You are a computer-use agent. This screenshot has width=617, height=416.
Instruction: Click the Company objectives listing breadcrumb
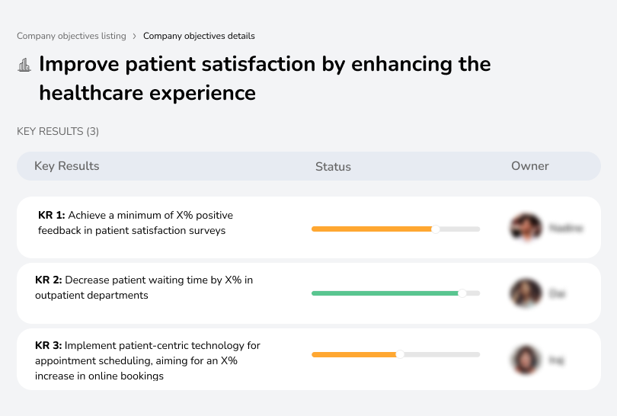pyautogui.click(x=72, y=36)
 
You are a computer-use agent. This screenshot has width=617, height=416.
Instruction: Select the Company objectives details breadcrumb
pyautogui.click(x=199, y=36)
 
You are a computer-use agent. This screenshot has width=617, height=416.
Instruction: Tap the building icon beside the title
pyautogui.click(x=24, y=65)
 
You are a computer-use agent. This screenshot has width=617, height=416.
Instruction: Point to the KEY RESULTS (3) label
pyautogui.click(x=58, y=132)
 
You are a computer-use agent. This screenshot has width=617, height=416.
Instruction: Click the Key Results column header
pyautogui.click(x=67, y=166)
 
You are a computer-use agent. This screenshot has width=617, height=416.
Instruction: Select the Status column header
pyautogui.click(x=333, y=166)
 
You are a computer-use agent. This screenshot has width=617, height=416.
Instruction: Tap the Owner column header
pyautogui.click(x=530, y=166)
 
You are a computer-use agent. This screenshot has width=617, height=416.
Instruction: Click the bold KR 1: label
pyautogui.click(x=51, y=215)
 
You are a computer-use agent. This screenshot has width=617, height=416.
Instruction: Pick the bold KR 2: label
pyautogui.click(x=49, y=280)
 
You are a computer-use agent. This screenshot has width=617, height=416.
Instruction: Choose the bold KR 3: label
pyautogui.click(x=49, y=345)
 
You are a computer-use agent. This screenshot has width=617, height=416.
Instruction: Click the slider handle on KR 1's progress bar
pyautogui.click(x=436, y=229)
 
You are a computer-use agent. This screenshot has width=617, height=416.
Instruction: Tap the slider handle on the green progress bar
pyautogui.click(x=462, y=293)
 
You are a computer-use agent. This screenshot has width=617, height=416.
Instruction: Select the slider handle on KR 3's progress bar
pyautogui.click(x=400, y=354)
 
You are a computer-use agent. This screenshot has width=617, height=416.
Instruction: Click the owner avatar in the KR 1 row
pyautogui.click(x=526, y=227)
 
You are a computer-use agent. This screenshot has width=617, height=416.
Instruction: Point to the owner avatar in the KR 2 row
pyautogui.click(x=526, y=293)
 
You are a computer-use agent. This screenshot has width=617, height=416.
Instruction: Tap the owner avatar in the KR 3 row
pyautogui.click(x=526, y=360)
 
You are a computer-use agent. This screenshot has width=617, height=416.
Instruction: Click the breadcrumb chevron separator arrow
pyautogui.click(x=135, y=36)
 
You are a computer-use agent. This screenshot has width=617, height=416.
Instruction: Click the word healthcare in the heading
pyautogui.click(x=91, y=93)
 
